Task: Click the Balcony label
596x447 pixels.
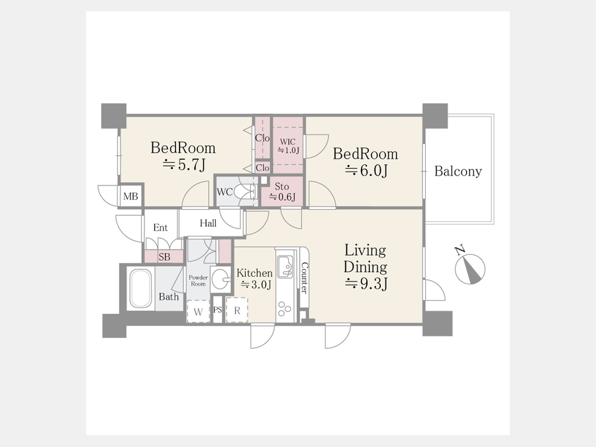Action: (458, 172)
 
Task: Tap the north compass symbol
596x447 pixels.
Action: (470, 268)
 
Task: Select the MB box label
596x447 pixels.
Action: (130, 197)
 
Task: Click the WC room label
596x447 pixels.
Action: (224, 192)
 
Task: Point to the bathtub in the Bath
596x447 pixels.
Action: (140, 289)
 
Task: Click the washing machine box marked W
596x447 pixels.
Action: (198, 311)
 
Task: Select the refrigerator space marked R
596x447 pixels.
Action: (237, 310)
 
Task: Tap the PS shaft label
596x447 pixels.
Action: (217, 310)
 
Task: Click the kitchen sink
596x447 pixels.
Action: (285, 266)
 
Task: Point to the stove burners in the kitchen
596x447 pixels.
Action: (284, 309)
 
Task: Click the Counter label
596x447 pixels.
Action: (304, 278)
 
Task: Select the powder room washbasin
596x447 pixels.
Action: (221, 280)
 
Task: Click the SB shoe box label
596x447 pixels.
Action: (164, 257)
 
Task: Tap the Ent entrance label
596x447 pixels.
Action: (160, 227)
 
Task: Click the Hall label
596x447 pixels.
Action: (209, 223)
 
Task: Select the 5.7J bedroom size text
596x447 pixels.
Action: (184, 165)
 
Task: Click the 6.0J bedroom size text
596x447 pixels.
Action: (366, 171)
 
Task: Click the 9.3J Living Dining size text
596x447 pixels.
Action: (366, 283)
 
